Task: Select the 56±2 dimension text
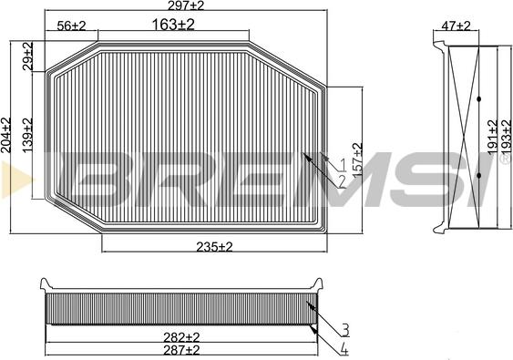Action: pos(71,25)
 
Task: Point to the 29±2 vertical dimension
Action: pos(27,56)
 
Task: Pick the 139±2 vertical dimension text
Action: pos(27,133)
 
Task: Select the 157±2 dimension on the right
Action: pos(356,159)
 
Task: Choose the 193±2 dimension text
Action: pos(506,136)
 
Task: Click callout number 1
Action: pos(343,165)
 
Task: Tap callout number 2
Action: pos(343,180)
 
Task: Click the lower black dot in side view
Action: pos(477,173)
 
